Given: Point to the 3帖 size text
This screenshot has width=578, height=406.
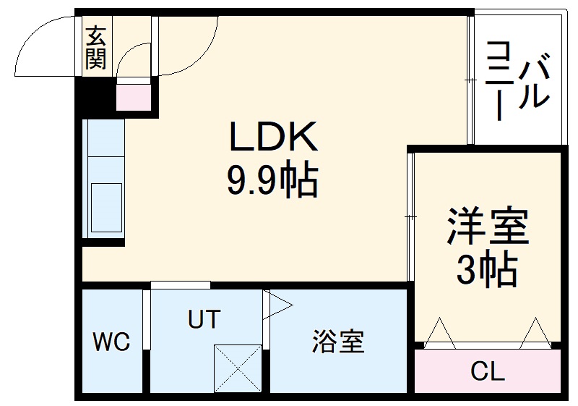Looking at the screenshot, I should (x=487, y=271).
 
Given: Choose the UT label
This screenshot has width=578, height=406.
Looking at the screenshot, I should (x=203, y=319).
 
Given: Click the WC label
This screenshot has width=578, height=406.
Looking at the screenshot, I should (x=111, y=342).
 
